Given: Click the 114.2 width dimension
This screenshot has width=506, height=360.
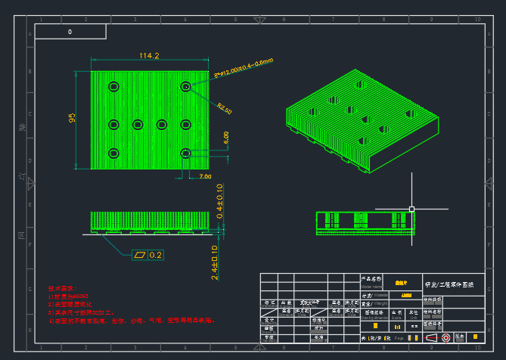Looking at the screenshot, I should pyautogui.click(x=149, y=55).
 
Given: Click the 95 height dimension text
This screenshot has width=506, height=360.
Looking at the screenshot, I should pyautogui.click(x=73, y=119).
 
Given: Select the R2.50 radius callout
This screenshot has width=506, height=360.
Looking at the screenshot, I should pyautogui.click(x=225, y=109).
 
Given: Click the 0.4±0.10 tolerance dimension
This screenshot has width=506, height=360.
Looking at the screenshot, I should pyautogui.click(x=219, y=201).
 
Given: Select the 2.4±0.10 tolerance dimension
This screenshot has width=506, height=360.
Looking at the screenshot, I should pyautogui.click(x=215, y=262).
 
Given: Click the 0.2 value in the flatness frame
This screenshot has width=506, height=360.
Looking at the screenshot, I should pyautogui.click(x=156, y=255).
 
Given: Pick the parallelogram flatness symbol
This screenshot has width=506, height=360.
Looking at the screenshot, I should pyautogui.click(x=139, y=255).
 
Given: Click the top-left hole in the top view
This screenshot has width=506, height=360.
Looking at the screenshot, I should pyautogui.click(x=113, y=86).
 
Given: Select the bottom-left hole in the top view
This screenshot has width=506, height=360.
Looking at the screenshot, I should pyautogui.click(x=113, y=154).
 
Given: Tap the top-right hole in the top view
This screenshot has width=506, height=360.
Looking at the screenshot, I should pyautogui.click(x=185, y=86).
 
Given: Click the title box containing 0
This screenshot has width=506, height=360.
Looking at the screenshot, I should pyautogui.click(x=70, y=32).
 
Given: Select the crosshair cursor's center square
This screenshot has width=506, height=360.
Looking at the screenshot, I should pyautogui.click(x=411, y=208).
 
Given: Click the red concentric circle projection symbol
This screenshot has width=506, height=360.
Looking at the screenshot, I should pyautogui.click(x=445, y=337).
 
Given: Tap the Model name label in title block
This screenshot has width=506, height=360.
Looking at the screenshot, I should pyautogui.click(x=372, y=286).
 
